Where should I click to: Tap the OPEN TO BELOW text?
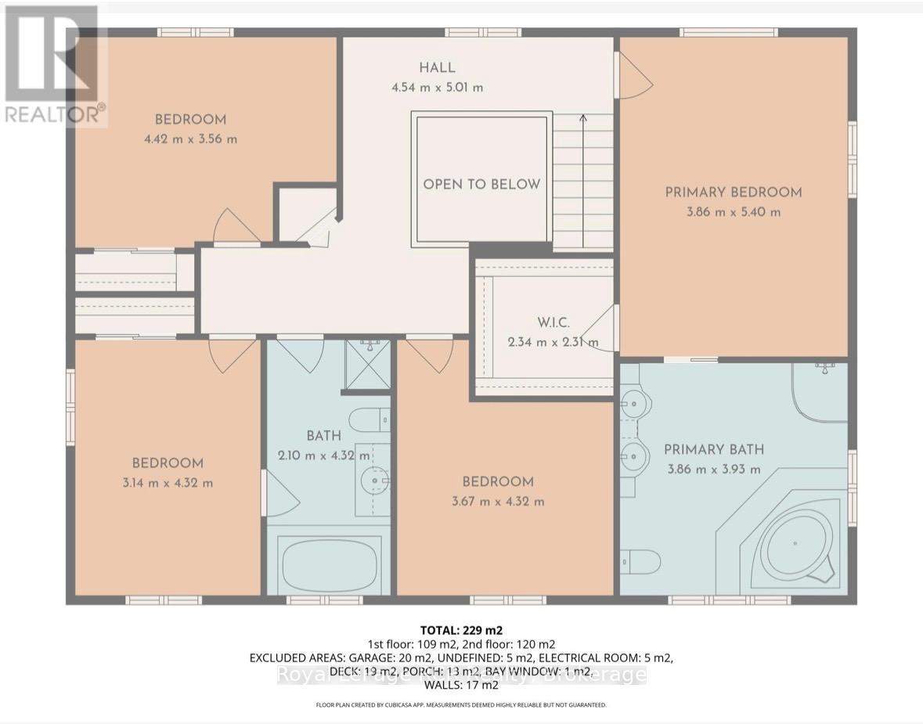(481, 185)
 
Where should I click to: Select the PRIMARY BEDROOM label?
(734, 192)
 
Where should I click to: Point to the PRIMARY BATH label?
(713, 449)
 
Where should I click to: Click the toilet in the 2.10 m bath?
(369, 420)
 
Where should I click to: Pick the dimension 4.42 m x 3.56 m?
(190, 139)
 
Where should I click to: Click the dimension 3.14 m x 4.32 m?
(167, 483)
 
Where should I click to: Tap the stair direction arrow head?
(583, 118)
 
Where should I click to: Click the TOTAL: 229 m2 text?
(461, 630)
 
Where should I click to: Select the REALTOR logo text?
(54, 114)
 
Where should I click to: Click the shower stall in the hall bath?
(367, 364)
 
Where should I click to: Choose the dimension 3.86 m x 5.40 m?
(734, 212)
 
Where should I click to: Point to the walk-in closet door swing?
(601, 328)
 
